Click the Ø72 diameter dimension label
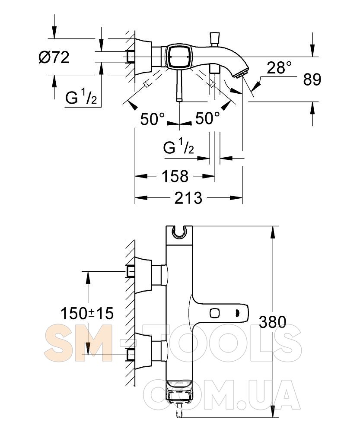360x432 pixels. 54,57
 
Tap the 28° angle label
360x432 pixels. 279,67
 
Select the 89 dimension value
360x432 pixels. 312,79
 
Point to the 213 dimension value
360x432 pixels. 188,198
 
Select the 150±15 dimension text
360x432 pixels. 87,313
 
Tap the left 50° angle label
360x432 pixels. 153,119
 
